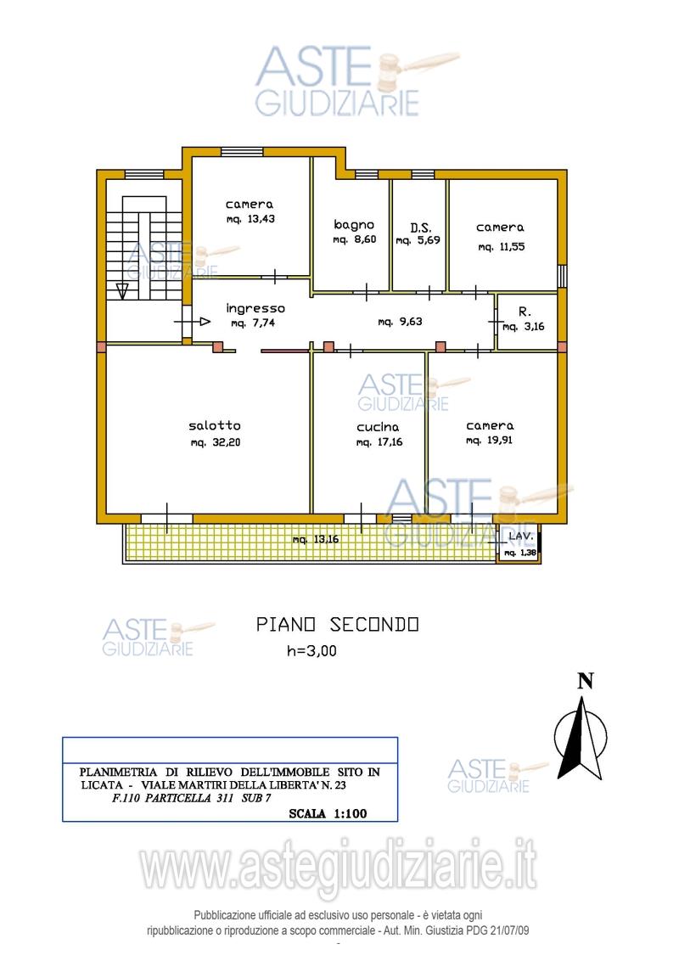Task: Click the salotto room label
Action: (x=215, y=425)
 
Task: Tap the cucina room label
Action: (x=378, y=427)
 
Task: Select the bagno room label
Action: (x=354, y=225)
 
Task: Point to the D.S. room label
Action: (x=421, y=228)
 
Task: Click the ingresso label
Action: (x=255, y=308)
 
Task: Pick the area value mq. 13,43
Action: (x=250, y=219)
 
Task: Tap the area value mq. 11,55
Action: (x=502, y=247)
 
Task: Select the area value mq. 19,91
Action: (x=489, y=440)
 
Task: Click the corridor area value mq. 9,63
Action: (x=400, y=321)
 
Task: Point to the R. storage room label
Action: (x=525, y=312)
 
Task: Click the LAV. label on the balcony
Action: (x=521, y=537)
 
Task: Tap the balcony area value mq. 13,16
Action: (x=316, y=539)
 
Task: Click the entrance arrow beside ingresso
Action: (x=205, y=321)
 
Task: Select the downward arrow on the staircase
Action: (x=122, y=289)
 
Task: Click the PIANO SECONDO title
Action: (x=337, y=625)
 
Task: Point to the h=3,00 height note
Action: (x=312, y=651)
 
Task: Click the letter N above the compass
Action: (x=586, y=681)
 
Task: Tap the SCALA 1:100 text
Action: (x=328, y=814)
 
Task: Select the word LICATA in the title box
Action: (x=103, y=785)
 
